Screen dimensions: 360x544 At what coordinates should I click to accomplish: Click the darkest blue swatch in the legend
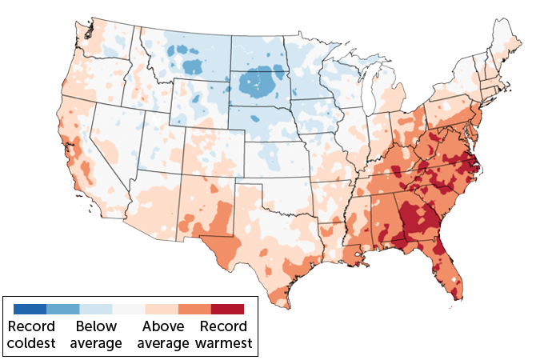click(x=30, y=309)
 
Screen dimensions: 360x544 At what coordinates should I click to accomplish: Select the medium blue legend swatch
click(x=62, y=309)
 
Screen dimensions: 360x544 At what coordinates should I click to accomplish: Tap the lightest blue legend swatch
click(x=95, y=309)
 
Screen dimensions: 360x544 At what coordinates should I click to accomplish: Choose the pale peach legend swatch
click(x=161, y=309)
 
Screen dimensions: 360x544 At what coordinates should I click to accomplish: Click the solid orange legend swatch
click(x=194, y=309)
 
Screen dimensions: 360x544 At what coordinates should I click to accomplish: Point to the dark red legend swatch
click(x=227, y=309)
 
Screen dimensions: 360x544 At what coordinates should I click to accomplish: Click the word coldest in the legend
click(x=32, y=344)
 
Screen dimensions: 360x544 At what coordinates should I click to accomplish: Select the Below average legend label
click(x=96, y=335)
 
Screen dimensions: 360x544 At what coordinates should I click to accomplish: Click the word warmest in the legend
click(x=224, y=344)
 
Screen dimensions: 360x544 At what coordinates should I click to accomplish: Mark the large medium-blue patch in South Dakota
click(x=258, y=82)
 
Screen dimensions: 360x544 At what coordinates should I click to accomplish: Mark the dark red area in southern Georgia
click(x=420, y=220)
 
